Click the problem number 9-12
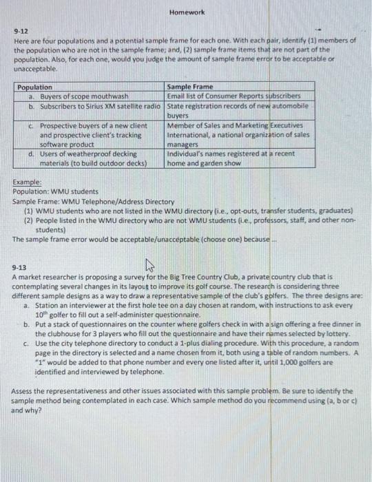click(20, 32)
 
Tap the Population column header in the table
click(34, 87)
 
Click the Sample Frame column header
click(189, 87)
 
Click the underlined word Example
click(28, 181)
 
